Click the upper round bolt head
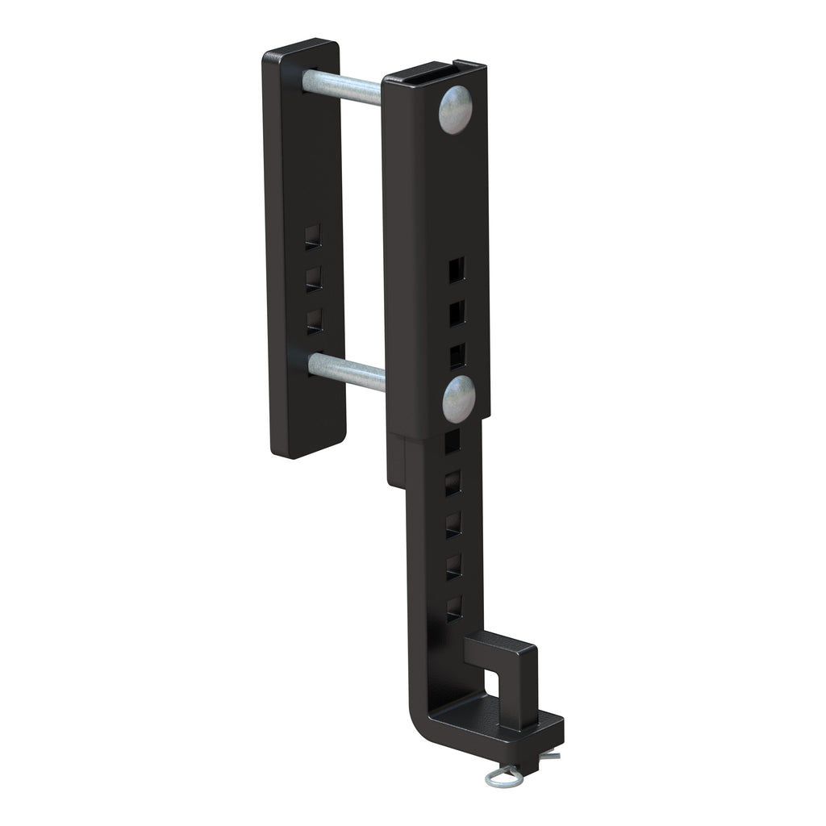tap(456, 109)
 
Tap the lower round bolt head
tap(458, 398)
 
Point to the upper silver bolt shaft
tap(342, 87)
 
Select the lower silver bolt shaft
tap(346, 372)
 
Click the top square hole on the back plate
tap(313, 236)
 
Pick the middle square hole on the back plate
tap(314, 279)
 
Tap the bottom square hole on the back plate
tap(315, 320)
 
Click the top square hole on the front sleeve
tap(457, 270)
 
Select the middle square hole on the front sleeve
tap(457, 313)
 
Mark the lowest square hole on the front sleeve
tap(457, 356)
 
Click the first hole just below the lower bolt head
tap(453, 440)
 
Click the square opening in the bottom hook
tap(492, 682)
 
